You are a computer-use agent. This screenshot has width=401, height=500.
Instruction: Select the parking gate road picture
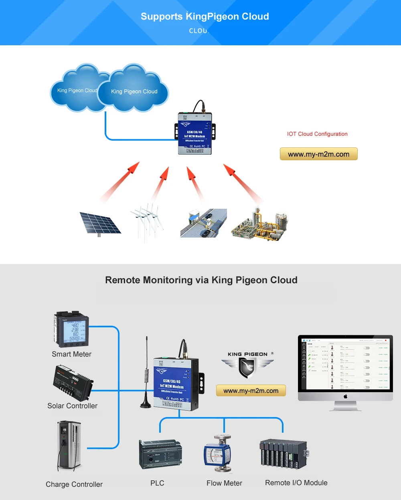[203, 223]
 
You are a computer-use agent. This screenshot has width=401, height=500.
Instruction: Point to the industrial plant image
[259, 224]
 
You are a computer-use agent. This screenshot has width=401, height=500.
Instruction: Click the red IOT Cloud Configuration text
[317, 134]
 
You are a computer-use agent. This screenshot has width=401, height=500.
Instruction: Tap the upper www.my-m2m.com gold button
[318, 154]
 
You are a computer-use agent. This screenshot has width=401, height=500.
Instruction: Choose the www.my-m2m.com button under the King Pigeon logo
[251, 391]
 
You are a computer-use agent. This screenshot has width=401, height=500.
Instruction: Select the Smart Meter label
[71, 354]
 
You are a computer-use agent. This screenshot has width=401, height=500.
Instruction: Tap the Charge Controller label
[74, 484]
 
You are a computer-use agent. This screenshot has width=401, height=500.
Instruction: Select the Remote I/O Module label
[296, 483]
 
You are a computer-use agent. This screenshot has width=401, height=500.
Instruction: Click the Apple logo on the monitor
[345, 396]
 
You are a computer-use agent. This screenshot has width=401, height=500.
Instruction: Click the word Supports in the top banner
[162, 16]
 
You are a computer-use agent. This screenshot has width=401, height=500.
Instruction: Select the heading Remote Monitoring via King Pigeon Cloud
[201, 280]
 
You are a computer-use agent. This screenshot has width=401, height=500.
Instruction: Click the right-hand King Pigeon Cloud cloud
[134, 90]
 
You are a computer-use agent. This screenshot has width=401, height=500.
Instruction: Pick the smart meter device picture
[71, 329]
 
